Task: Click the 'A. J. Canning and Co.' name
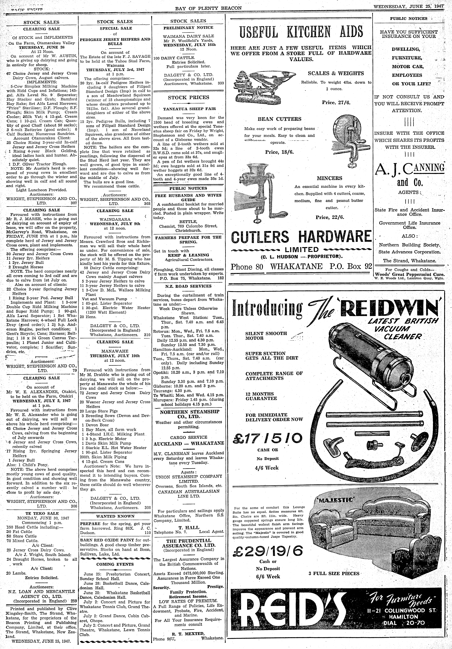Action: [409, 175]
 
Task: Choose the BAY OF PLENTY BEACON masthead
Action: [208, 8]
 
